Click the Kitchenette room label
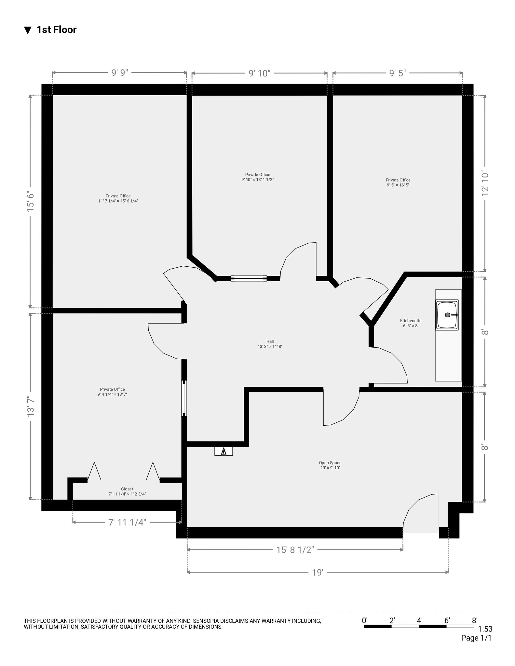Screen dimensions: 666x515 411,321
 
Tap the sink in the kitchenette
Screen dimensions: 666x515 448,315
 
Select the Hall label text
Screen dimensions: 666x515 270,341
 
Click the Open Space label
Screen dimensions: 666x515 330,463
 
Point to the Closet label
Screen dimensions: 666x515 127,489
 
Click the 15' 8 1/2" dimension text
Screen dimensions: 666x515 295,550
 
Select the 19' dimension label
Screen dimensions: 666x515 318,572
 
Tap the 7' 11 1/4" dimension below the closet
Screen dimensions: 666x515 127,522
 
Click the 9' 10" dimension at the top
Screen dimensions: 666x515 260,73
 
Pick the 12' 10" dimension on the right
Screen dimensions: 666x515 485,184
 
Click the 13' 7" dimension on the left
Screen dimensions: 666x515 31,406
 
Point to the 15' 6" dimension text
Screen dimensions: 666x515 31,202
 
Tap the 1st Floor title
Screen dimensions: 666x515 56,30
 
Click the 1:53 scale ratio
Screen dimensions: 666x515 485,630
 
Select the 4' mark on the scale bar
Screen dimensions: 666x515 419,620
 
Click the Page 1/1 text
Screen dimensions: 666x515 476,638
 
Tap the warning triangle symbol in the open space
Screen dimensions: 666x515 224,451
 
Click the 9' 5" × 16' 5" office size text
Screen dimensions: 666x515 398,185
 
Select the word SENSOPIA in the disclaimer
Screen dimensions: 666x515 207,621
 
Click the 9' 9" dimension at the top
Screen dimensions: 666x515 120,73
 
